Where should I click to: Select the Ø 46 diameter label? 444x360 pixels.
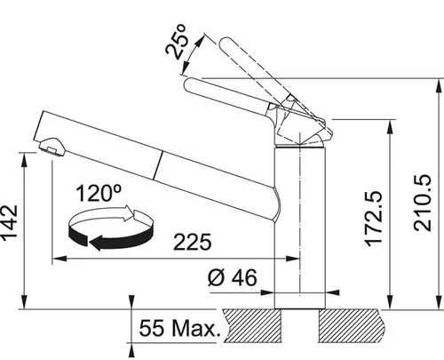point(234,277)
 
